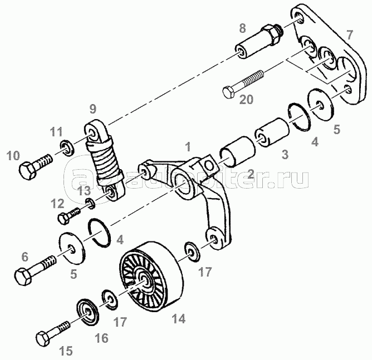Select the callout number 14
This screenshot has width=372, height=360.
[x=179, y=319]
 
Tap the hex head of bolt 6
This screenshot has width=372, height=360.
[x=21, y=275]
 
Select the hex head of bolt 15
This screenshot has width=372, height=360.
[x=45, y=337]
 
